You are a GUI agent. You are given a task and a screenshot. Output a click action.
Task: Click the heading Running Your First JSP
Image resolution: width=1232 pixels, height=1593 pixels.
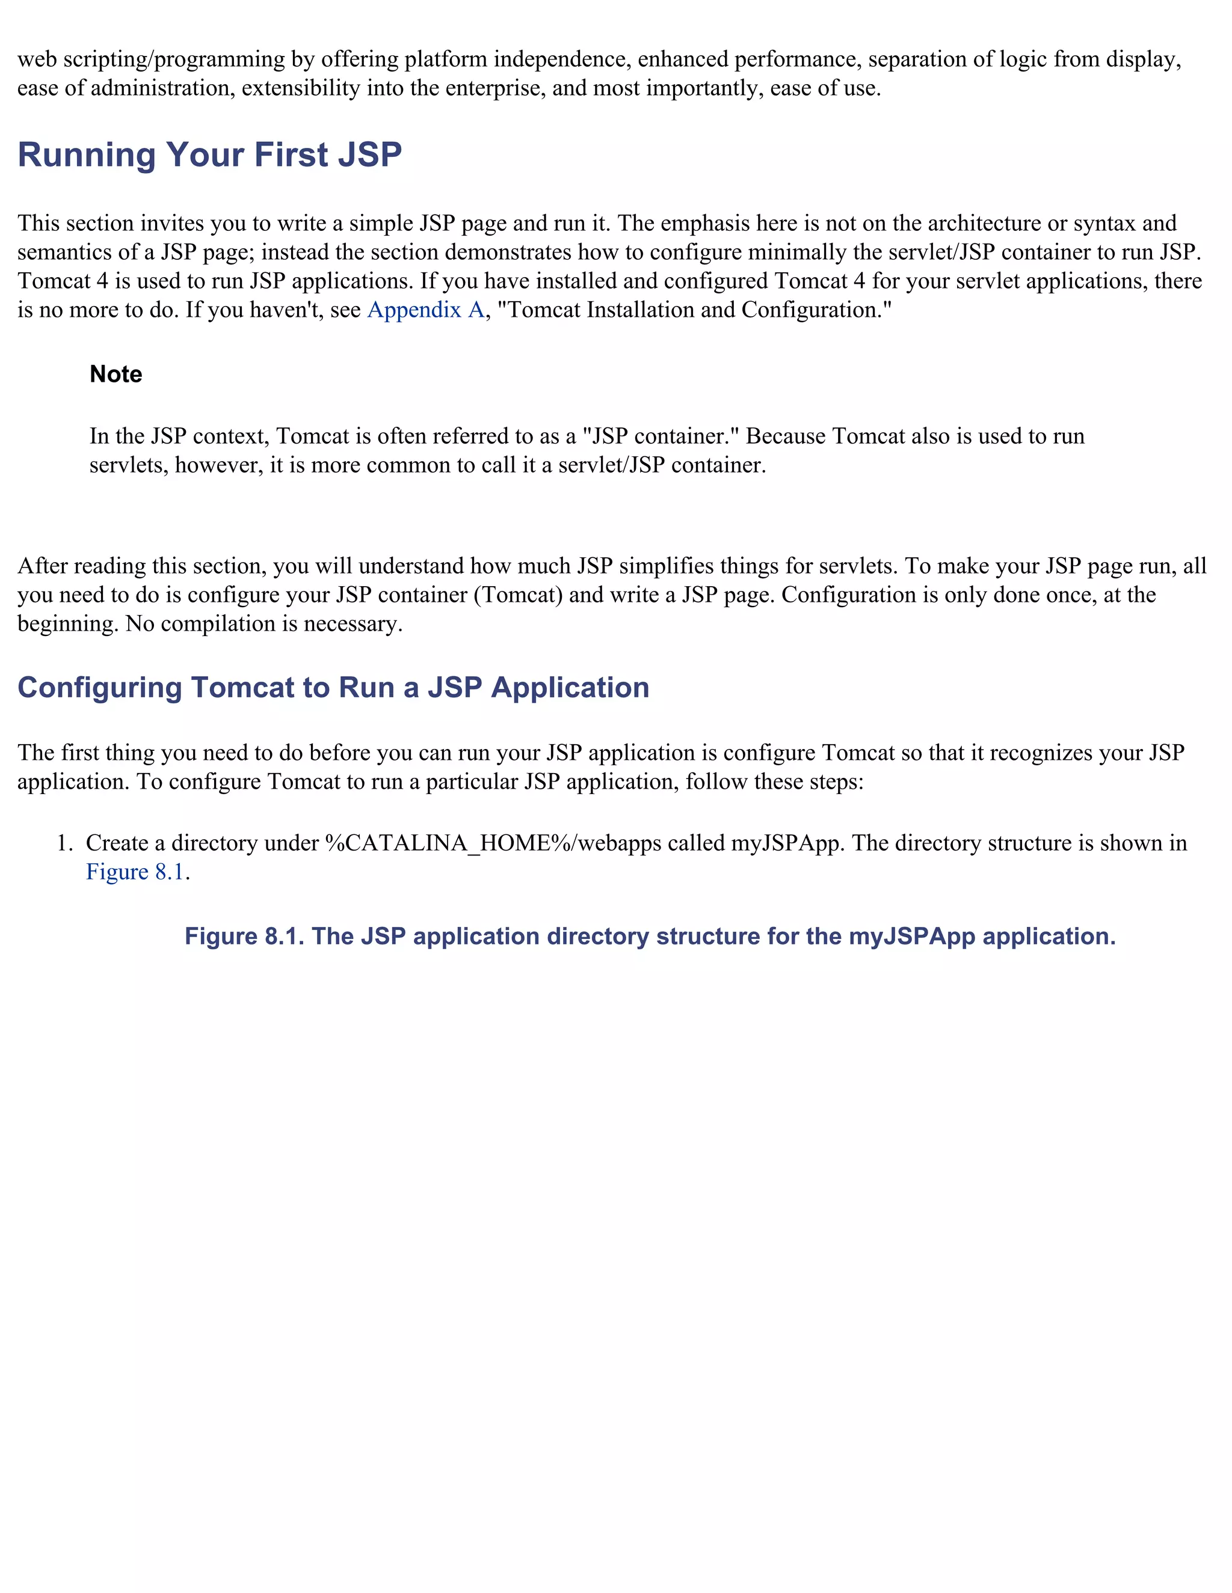click(x=209, y=154)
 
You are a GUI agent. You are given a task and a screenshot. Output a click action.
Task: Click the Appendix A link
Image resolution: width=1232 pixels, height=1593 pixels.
click(x=425, y=310)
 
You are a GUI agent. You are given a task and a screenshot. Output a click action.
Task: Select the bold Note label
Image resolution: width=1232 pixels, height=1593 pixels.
click(x=115, y=374)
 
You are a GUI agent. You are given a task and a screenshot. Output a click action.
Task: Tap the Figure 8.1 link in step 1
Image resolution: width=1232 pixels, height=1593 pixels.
click(x=134, y=872)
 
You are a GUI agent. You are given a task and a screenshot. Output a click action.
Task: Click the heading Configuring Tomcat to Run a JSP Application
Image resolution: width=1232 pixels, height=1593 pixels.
click(x=333, y=688)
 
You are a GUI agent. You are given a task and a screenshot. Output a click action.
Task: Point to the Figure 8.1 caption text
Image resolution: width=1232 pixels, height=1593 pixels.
click(x=650, y=937)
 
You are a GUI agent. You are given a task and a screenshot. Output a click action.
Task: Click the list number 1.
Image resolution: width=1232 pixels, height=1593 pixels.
click(x=64, y=843)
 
